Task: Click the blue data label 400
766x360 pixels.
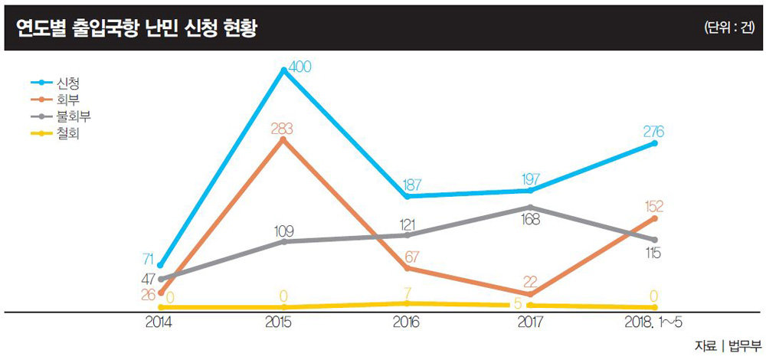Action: tap(300, 67)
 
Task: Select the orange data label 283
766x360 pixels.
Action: tap(283, 129)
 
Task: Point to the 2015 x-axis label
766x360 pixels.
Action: tap(283, 322)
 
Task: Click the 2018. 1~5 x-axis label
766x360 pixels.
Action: tap(656, 322)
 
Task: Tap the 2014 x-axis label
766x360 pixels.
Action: tap(159, 322)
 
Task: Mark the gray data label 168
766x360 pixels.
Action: tap(529, 220)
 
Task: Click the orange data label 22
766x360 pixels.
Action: tap(530, 281)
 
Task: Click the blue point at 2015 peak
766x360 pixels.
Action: tap(283, 70)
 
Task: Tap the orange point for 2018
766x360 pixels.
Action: tap(655, 218)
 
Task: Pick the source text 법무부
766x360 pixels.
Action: tap(745, 345)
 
